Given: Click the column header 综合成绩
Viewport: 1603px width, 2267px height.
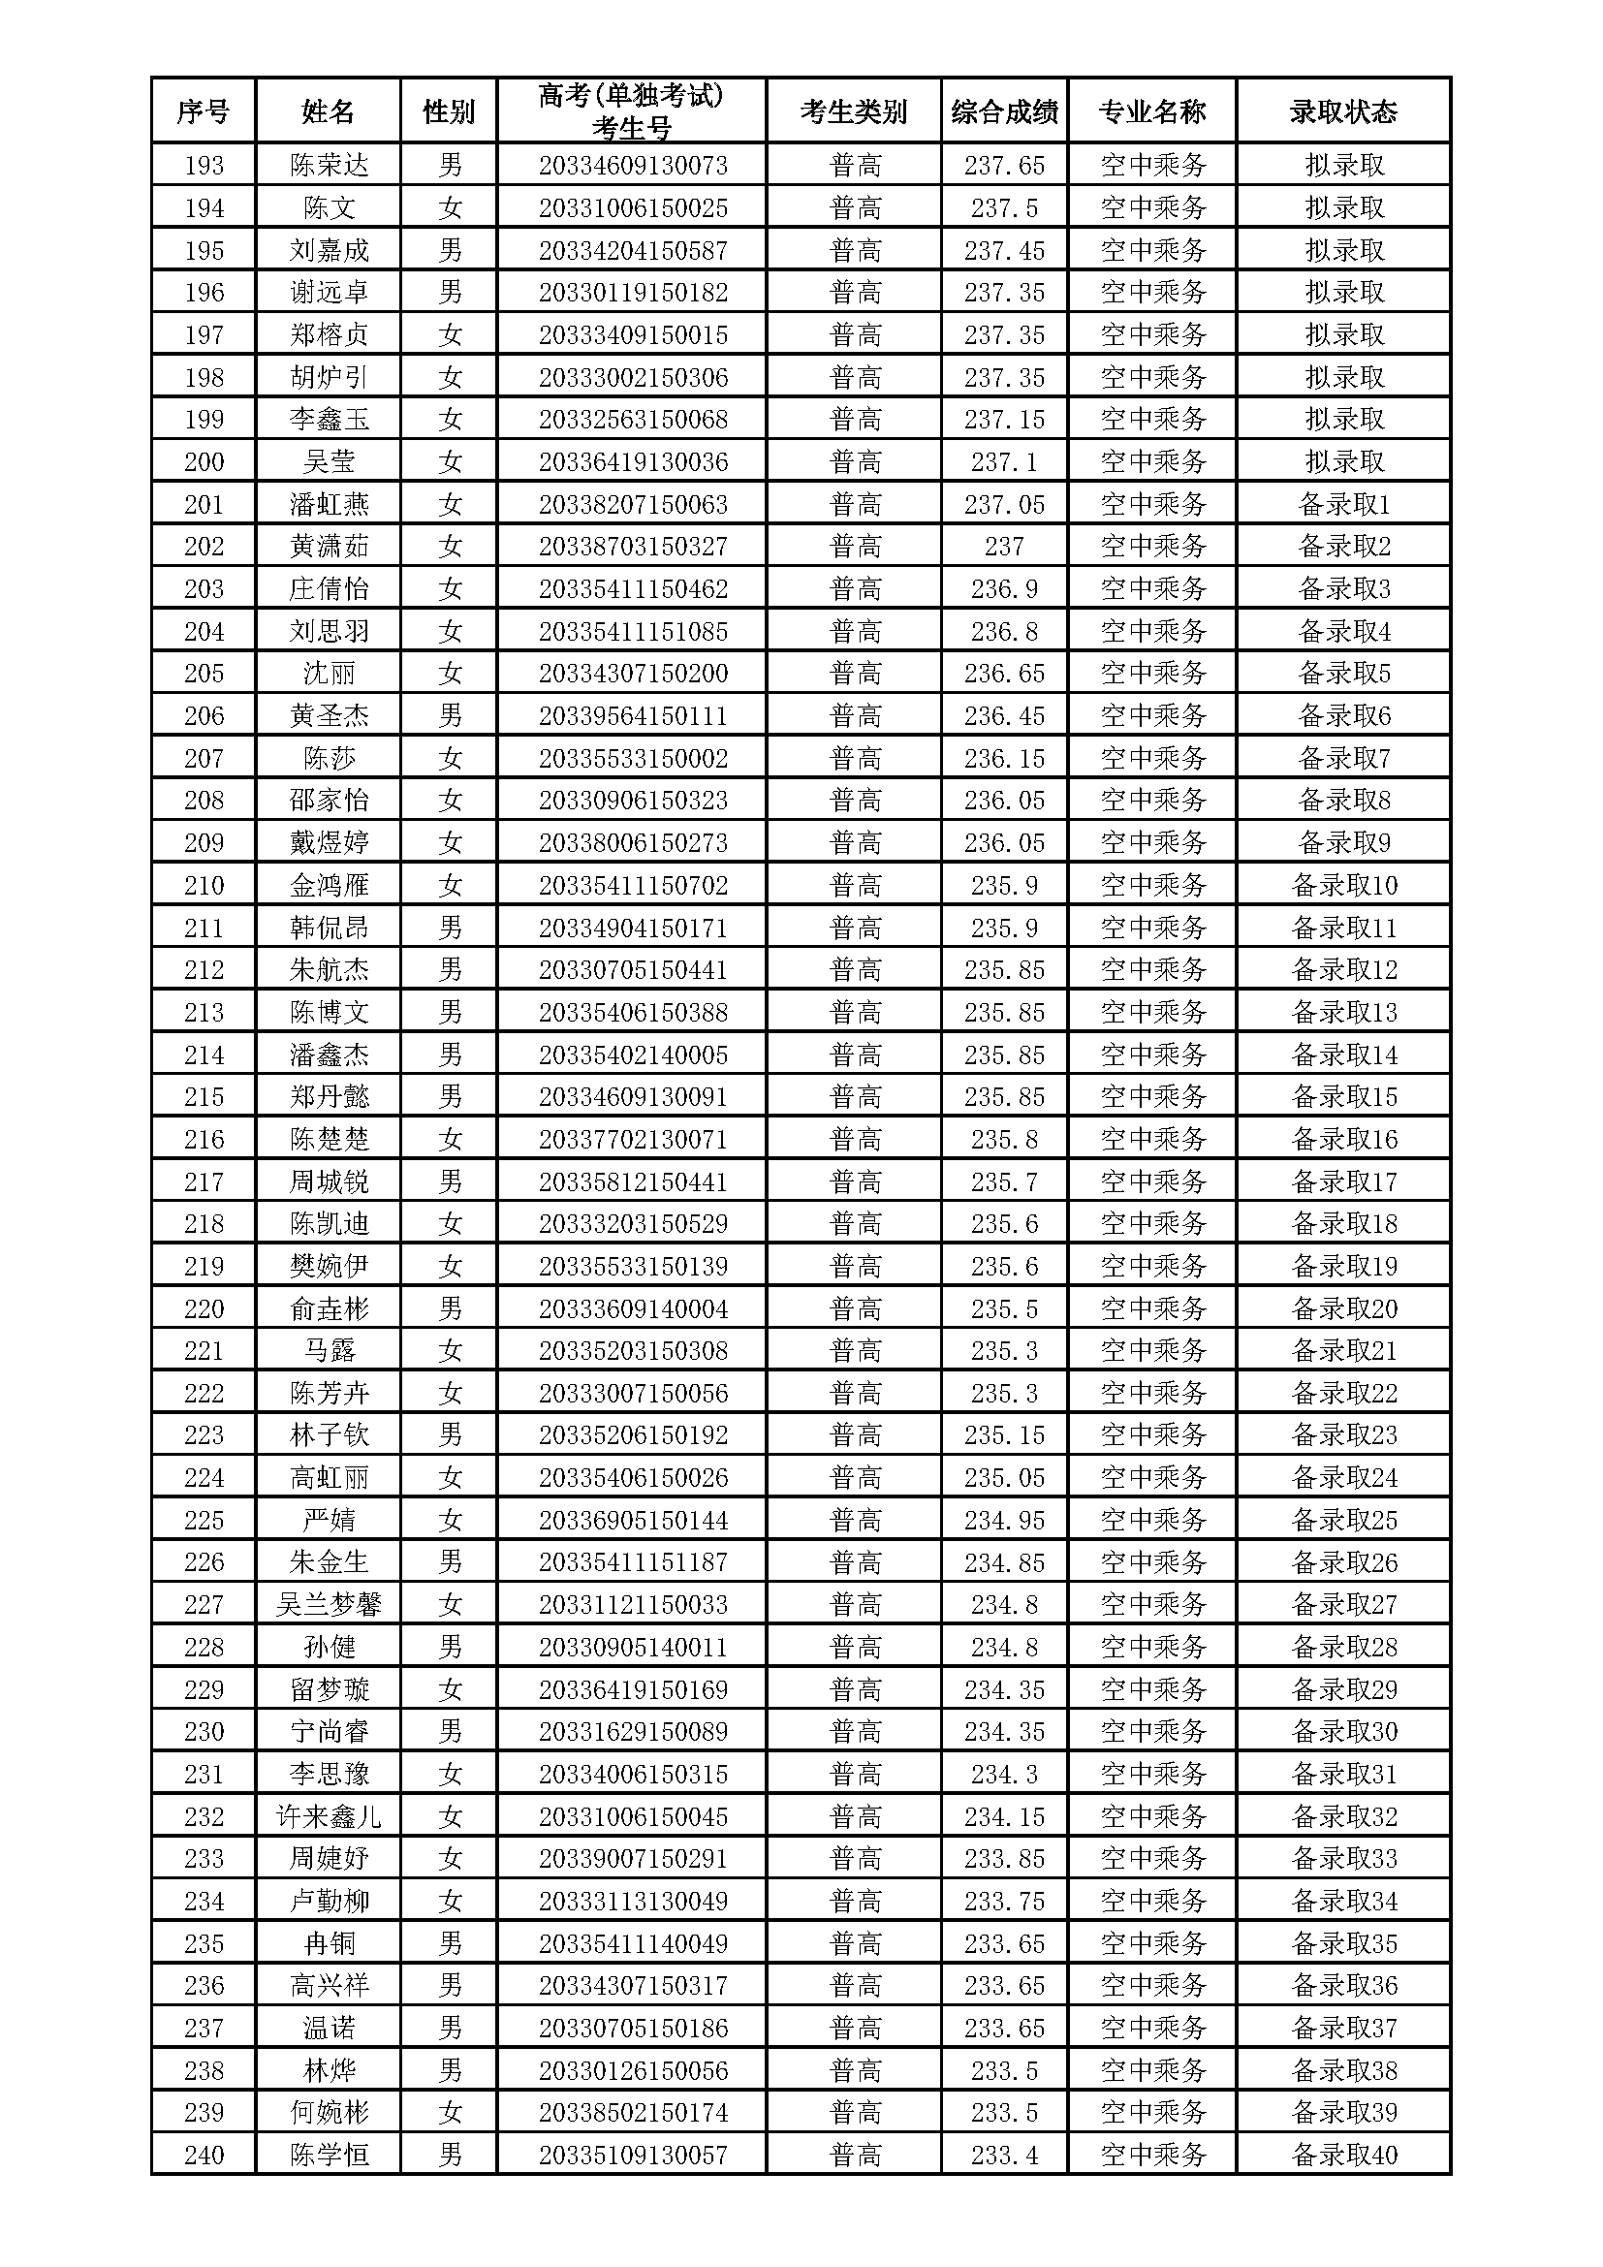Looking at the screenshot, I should [x=1004, y=111].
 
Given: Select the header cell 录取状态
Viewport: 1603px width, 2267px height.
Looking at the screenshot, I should [x=1342, y=111].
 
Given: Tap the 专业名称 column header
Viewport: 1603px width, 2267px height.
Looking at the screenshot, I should [x=1152, y=111].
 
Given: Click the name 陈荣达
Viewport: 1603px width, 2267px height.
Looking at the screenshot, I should [x=329, y=165].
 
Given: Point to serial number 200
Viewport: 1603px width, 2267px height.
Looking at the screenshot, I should [x=204, y=461].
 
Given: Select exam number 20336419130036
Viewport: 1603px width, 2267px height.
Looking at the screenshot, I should [x=633, y=461].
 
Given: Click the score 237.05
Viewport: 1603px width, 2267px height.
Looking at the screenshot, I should [x=1004, y=505].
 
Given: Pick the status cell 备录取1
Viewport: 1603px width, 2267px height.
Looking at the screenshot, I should [x=1343, y=505].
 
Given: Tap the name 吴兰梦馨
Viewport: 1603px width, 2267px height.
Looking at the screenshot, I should [x=329, y=1604].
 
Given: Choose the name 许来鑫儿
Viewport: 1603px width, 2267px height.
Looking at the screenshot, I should [x=329, y=1816].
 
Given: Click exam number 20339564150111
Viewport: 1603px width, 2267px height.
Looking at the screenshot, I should [x=633, y=716].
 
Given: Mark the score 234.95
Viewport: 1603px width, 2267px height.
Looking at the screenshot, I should [x=1004, y=1520].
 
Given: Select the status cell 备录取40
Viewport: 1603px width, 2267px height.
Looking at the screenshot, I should [x=1343, y=2156].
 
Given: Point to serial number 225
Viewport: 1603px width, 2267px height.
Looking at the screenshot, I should [x=204, y=1520].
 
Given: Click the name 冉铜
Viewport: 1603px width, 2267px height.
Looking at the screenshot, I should [x=329, y=1943].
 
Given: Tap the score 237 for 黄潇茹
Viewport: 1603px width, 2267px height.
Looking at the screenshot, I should [x=1004, y=546].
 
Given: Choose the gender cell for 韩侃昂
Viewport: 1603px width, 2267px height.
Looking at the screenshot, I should [x=450, y=928].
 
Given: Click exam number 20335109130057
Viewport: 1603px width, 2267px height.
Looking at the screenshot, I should [x=633, y=2156].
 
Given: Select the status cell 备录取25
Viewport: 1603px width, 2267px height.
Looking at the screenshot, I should [x=1343, y=1520].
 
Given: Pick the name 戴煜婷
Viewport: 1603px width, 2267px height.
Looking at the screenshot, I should [x=329, y=842].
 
